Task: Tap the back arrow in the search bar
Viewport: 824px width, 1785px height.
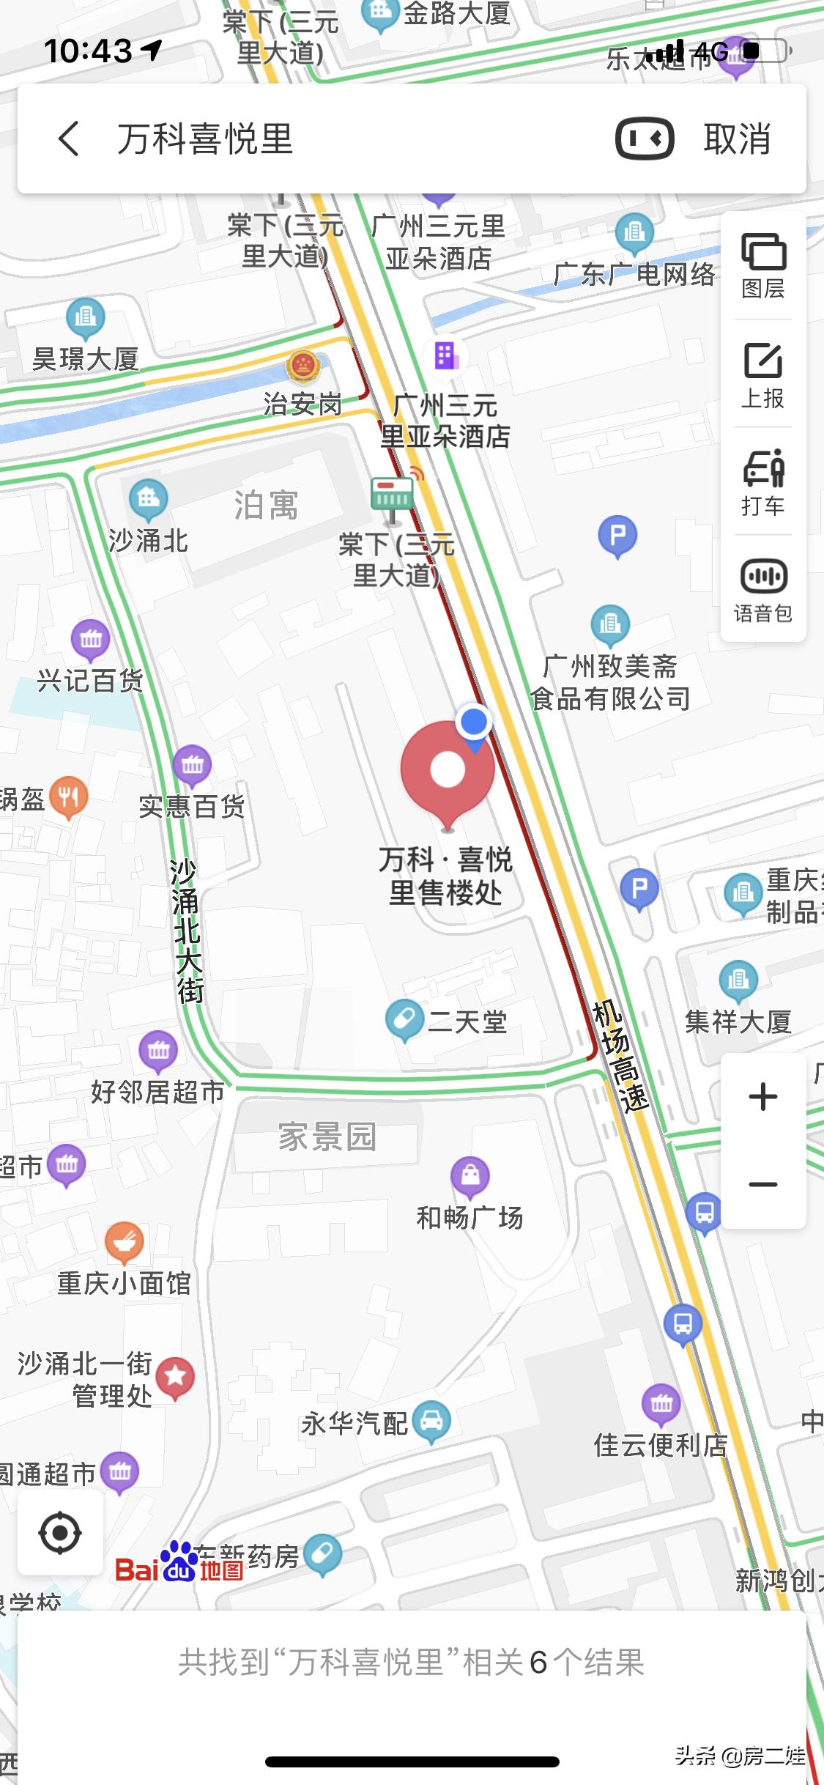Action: pos(69,138)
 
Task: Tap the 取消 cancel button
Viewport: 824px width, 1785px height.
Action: pos(737,138)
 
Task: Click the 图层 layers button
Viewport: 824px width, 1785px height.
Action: pos(763,266)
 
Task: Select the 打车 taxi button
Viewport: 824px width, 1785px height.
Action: pos(763,481)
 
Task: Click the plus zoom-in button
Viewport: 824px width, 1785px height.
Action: pos(763,1097)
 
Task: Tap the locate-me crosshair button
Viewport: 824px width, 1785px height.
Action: pos(60,1532)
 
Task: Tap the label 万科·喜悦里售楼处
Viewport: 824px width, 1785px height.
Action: pos(445,876)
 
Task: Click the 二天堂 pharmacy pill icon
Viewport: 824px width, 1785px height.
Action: pos(404,1019)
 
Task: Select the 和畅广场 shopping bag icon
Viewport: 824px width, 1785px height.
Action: pos(470,1175)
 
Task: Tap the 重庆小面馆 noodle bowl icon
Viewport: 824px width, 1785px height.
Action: pos(124,1241)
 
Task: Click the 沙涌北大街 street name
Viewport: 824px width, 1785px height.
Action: pos(186,931)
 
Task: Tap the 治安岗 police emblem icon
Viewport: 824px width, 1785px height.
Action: pos(302,364)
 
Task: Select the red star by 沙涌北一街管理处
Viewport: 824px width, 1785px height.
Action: pos(175,1377)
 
